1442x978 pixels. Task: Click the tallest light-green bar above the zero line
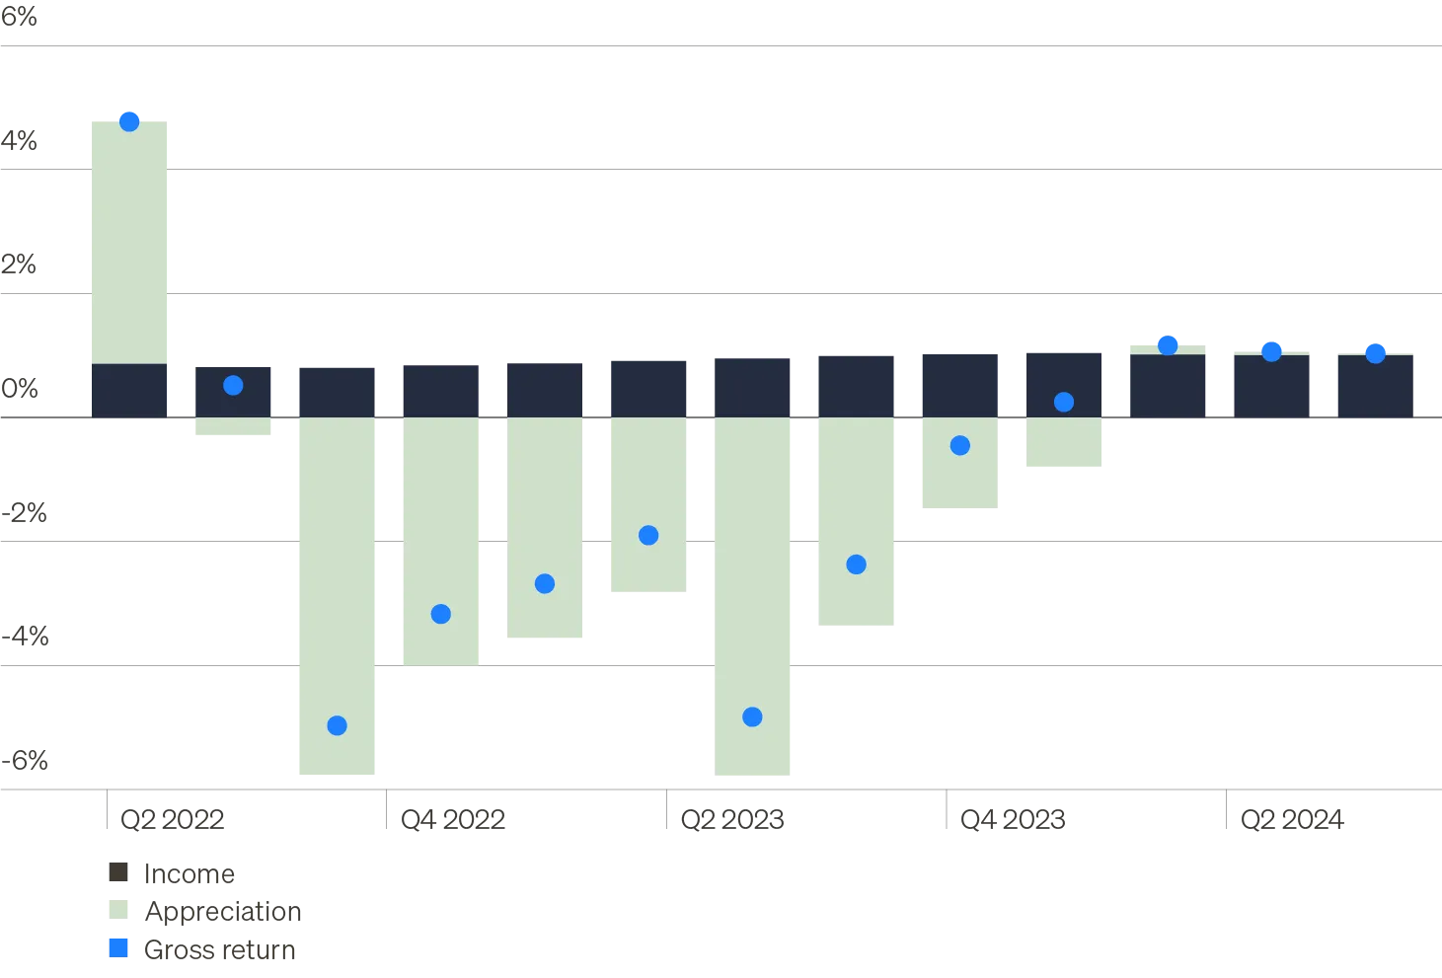[130, 241]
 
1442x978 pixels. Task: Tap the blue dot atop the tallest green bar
[129, 120]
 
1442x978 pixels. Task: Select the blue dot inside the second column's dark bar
[233, 385]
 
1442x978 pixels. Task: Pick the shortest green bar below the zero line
[233, 429]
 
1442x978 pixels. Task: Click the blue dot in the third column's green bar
[337, 725]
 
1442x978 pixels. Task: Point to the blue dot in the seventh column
[752, 716]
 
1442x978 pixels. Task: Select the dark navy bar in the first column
[130, 390]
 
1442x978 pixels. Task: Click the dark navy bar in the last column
[1373, 386]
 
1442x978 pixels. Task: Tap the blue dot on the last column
[1375, 352]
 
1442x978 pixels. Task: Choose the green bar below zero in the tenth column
[1065, 445]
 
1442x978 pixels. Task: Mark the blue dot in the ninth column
[959, 446]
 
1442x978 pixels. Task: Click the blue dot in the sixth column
[648, 535]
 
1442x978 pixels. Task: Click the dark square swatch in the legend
[118, 872]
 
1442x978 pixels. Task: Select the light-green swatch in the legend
[118, 911]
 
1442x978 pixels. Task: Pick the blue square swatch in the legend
[118, 948]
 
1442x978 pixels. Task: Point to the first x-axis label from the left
[173, 818]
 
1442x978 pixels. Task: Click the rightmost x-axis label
[1294, 818]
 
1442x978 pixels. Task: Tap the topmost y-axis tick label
[20, 16]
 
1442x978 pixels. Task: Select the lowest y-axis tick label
[26, 762]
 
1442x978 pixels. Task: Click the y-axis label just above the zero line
[20, 387]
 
